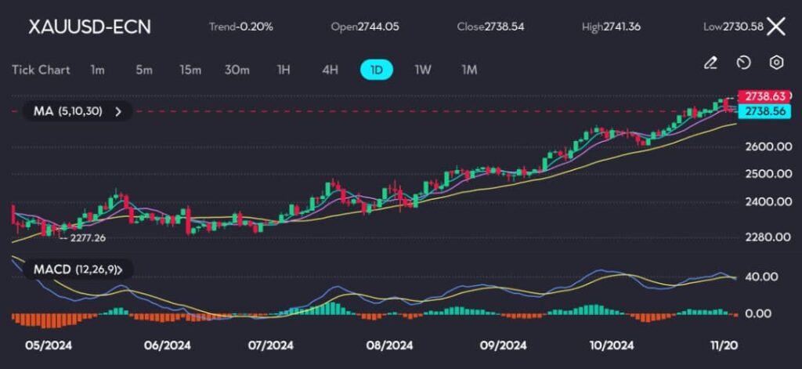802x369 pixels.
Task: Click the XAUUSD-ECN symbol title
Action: (89, 27)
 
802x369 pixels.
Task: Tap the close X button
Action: (776, 27)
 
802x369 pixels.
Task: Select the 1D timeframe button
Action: (377, 70)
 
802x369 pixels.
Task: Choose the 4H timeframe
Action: (330, 70)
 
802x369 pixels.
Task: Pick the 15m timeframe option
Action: (190, 70)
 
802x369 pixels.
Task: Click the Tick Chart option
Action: (41, 70)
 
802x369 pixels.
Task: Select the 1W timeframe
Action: (422, 70)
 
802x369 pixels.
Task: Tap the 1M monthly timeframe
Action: (469, 70)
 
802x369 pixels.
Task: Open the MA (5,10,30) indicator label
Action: (78, 111)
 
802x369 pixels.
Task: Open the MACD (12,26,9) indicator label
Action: (78, 270)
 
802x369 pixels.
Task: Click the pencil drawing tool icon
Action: (710, 63)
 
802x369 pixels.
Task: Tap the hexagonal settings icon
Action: (776, 63)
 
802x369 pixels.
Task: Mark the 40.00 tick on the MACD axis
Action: (762, 277)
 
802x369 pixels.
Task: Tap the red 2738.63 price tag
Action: (764, 96)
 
